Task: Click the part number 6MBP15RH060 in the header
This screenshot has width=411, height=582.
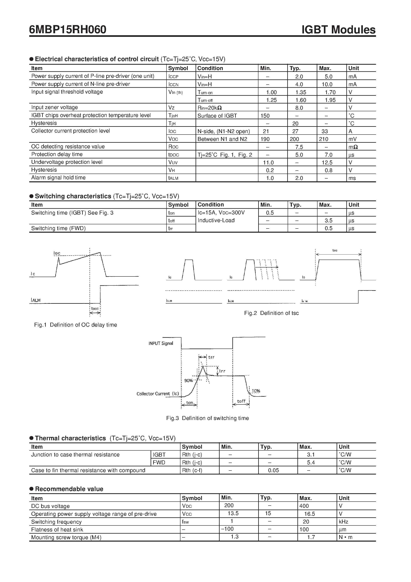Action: click(x=68, y=30)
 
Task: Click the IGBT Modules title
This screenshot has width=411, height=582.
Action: click(x=338, y=30)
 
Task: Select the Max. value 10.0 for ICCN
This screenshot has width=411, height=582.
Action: click(x=327, y=84)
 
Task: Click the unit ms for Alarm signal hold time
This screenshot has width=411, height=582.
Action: click(x=352, y=178)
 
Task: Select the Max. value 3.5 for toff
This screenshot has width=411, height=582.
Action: click(x=328, y=221)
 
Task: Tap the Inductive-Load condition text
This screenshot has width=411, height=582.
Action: click(x=216, y=220)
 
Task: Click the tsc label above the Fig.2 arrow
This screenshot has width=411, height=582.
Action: click(x=335, y=250)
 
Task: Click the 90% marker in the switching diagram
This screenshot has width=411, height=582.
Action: click(x=189, y=381)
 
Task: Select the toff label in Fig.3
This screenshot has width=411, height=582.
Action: click(x=241, y=401)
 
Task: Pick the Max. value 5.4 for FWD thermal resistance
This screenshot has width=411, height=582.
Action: click(x=311, y=462)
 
